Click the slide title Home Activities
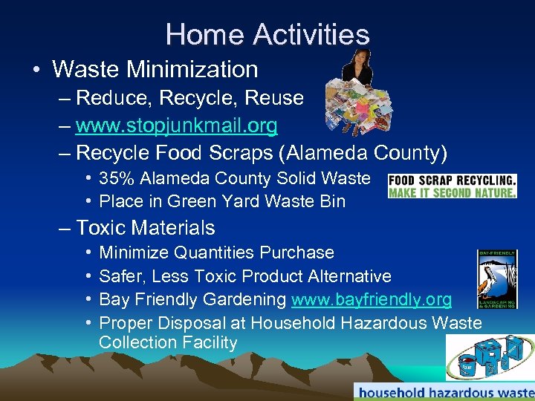[267, 34]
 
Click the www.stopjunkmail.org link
[177, 125]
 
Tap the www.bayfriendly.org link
[372, 299]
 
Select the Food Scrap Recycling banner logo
[452, 186]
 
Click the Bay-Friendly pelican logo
[496, 278]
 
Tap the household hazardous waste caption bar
[444, 391]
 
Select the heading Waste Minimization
[155, 70]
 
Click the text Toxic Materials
[146, 228]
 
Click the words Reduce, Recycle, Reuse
[190, 98]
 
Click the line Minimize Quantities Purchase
[216, 252]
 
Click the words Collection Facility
[168, 343]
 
